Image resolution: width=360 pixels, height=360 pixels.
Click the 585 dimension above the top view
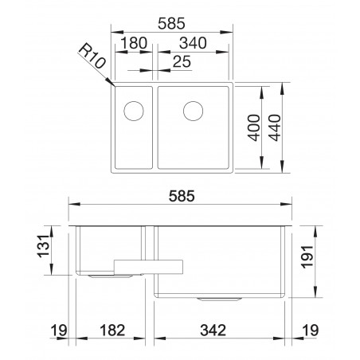(x=171, y=23)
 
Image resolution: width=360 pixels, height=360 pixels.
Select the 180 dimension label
(x=134, y=43)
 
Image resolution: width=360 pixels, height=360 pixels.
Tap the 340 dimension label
(x=193, y=43)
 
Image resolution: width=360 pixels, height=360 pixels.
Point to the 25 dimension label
(x=182, y=61)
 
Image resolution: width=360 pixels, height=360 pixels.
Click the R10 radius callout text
(x=92, y=56)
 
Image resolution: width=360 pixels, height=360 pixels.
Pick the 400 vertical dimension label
(x=254, y=127)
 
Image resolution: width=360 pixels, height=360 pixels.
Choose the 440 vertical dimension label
(x=274, y=127)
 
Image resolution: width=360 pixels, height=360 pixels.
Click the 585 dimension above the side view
(x=182, y=196)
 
